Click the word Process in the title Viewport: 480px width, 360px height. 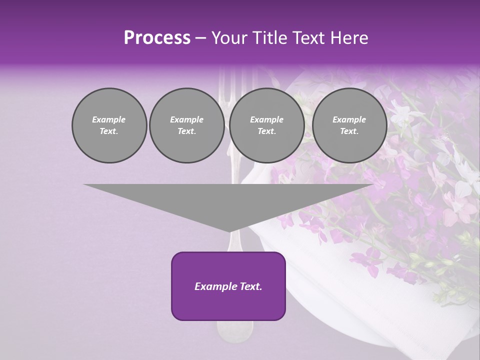click(157, 38)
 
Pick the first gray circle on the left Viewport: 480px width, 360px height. click(109, 125)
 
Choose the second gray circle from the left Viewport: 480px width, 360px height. click(187, 125)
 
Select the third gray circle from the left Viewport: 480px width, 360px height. click(267, 125)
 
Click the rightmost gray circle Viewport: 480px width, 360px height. click(349, 125)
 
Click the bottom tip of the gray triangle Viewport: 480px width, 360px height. click(229, 230)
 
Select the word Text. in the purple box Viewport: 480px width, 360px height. click(251, 286)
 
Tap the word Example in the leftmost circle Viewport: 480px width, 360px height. click(109, 119)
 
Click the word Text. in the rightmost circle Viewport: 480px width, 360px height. click(349, 131)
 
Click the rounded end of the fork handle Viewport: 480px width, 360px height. click(234, 330)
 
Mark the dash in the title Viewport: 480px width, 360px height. click(201, 38)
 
